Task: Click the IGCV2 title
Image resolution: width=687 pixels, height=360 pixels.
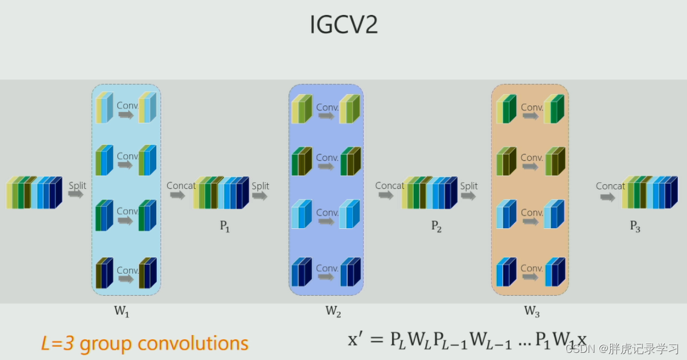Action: pos(343,24)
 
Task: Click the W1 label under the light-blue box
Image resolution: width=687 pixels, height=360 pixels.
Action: pos(122,311)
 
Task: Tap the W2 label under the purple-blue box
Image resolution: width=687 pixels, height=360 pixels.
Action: pos(333,311)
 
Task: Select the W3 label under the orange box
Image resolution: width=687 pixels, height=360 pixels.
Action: pos(532,311)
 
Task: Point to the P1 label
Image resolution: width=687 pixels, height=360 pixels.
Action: pos(225,226)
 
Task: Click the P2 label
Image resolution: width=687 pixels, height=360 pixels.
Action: pos(436,226)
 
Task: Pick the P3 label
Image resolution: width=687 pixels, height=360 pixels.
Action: pos(635,226)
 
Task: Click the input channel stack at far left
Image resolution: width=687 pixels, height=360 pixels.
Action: pos(34,193)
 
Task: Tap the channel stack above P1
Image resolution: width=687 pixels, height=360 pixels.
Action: pos(221,193)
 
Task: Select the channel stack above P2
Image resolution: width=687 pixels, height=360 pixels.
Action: pos(430,193)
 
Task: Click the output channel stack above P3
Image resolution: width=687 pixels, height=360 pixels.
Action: pos(650,193)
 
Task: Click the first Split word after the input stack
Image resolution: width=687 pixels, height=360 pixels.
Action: pos(77,186)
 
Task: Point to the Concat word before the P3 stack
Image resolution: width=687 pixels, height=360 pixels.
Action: pos(610,186)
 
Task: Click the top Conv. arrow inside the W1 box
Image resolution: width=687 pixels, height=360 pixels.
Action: pos(126,115)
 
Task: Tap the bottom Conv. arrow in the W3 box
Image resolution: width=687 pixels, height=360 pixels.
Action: pos(531,277)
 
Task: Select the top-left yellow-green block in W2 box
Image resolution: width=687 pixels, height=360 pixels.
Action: pos(302,109)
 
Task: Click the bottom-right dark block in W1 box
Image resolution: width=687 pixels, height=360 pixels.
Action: pos(148,273)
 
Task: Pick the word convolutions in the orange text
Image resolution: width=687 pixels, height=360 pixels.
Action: pos(193,344)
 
